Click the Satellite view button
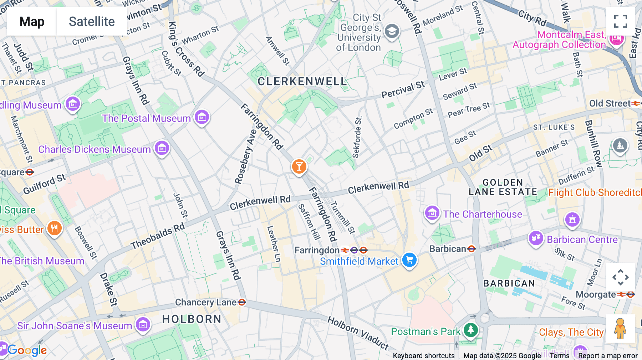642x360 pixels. click(x=92, y=21)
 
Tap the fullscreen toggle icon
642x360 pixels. click(x=620, y=21)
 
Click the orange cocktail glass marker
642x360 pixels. click(x=299, y=166)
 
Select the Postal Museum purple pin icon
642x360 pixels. click(x=202, y=117)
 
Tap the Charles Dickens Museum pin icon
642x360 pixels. click(x=162, y=148)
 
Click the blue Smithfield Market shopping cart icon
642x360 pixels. click(x=409, y=260)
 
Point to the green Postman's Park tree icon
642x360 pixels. click(x=470, y=330)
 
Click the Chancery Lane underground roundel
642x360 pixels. click(x=242, y=302)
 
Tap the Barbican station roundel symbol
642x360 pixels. click(x=472, y=249)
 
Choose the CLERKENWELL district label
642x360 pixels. click(x=302, y=82)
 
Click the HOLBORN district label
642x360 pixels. click(x=192, y=319)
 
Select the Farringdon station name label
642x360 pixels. click(x=317, y=250)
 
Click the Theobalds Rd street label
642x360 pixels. click(x=158, y=236)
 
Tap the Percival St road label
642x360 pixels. click(x=403, y=89)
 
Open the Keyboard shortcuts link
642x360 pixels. click(x=423, y=355)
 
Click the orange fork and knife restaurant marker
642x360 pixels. click(x=54, y=228)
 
